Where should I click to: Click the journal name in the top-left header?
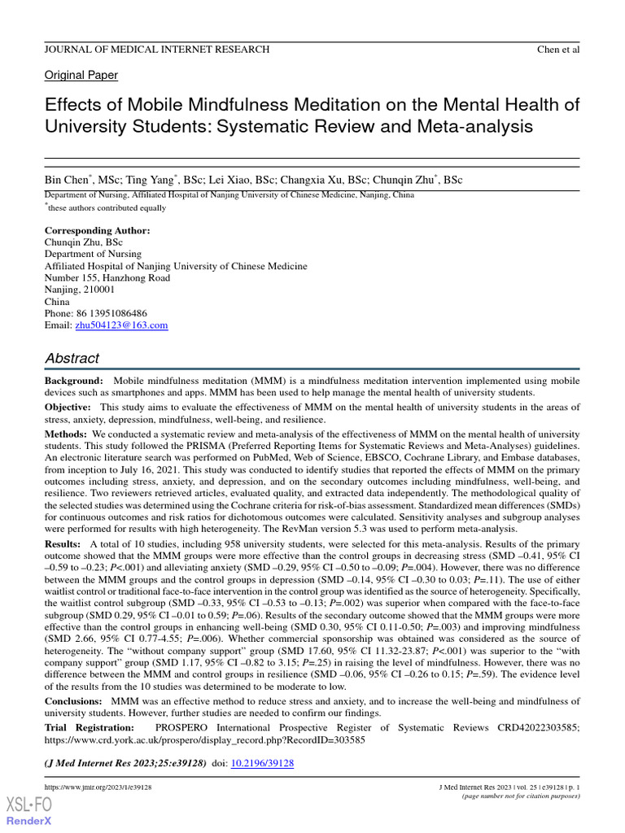156,49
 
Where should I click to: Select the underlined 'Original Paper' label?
81,76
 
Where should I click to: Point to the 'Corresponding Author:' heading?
97,231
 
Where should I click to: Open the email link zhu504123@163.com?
121,325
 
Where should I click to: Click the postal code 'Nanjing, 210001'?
79,290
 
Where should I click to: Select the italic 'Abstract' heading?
72,358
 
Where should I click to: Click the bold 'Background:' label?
74,381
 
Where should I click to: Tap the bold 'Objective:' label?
69,407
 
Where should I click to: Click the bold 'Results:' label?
63,543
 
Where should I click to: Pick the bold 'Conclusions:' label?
73,701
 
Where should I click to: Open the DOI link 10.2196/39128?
263,764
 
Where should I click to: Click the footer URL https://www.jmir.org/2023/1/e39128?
98,788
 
